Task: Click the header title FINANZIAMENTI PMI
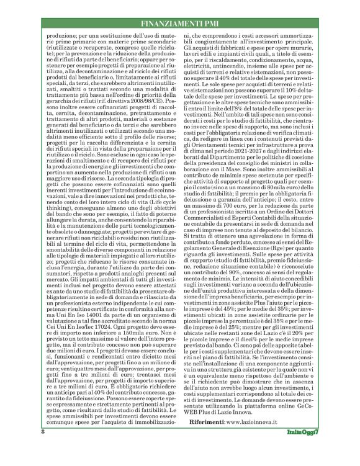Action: (179, 25)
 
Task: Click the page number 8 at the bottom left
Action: (43, 449)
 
